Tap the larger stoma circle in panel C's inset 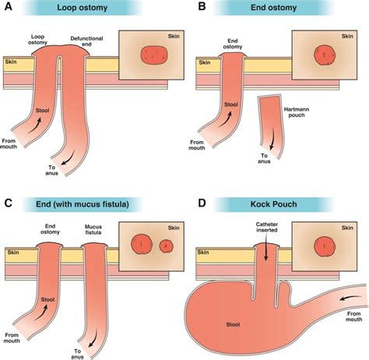pyautogui.click(x=142, y=243)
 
